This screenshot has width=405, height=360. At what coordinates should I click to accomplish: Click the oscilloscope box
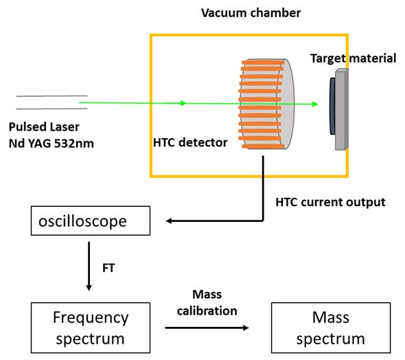click(x=91, y=221)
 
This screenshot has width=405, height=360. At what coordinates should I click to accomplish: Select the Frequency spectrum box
click(x=91, y=328)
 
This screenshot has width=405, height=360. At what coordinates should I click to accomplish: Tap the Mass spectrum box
click(x=331, y=328)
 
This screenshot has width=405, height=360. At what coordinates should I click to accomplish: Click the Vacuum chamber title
click(x=251, y=12)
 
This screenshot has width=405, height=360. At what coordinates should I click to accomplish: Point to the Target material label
click(x=353, y=58)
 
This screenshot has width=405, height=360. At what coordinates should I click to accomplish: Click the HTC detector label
click(x=190, y=142)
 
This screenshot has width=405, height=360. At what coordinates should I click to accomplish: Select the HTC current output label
click(x=330, y=202)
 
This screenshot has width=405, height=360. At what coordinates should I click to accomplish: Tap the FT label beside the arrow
click(x=108, y=268)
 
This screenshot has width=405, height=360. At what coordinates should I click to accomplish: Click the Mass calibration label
click(x=207, y=302)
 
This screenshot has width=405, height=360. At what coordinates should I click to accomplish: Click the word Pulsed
click(x=27, y=127)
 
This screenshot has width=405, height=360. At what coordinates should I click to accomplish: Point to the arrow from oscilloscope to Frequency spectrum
click(x=89, y=266)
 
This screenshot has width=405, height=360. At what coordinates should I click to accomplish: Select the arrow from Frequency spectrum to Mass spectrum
click(x=207, y=328)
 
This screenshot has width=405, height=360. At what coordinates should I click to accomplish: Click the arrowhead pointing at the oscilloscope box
click(x=168, y=221)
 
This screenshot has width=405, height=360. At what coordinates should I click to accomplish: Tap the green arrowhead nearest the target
click(x=315, y=104)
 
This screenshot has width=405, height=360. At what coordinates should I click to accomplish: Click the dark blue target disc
click(x=332, y=106)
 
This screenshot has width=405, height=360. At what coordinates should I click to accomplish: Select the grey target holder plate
click(x=342, y=109)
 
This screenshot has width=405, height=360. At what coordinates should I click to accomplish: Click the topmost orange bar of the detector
click(x=263, y=63)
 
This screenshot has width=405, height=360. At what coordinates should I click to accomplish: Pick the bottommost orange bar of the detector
click(x=263, y=146)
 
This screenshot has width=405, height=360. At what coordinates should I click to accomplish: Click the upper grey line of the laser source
click(x=51, y=96)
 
